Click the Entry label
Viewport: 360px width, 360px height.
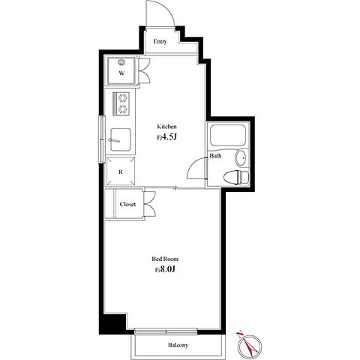pyautogui.click(x=160, y=41)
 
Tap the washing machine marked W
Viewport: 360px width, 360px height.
pyautogui.click(x=121, y=70)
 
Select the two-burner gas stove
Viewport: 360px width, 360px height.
pyautogui.click(x=121, y=103)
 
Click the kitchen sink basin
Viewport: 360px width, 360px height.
pyautogui.click(x=121, y=139)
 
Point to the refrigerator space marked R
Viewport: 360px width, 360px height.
pyautogui.click(x=121, y=172)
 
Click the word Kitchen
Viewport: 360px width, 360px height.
pyautogui.click(x=166, y=127)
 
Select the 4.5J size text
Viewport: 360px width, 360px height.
pyautogui.click(x=167, y=137)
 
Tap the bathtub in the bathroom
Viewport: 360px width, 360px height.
pyautogui.click(x=228, y=135)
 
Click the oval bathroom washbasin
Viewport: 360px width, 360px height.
pyautogui.click(x=241, y=157)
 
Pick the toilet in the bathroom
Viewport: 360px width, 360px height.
pyautogui.click(x=236, y=177)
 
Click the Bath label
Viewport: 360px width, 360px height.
pyautogui.click(x=215, y=156)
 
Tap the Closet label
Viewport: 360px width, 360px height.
pyautogui.click(x=127, y=204)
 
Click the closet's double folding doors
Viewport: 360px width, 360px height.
pyautogui.click(x=149, y=204)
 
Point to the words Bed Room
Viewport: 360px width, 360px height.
pyautogui.click(x=165, y=259)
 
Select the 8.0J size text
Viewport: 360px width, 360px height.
pyautogui.click(x=164, y=269)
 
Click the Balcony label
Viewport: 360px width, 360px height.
pyautogui.click(x=178, y=345)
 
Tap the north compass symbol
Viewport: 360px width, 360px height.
pyautogui.click(x=250, y=346)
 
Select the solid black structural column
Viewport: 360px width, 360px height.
pyautogui.click(x=112, y=324)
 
